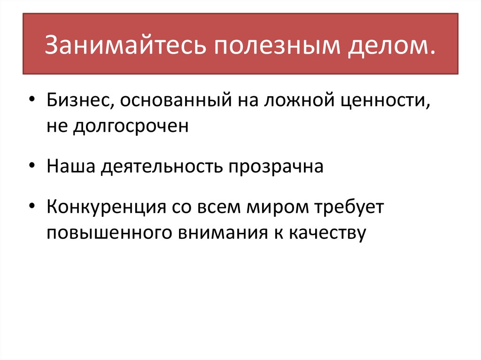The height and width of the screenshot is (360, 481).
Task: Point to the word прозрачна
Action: pyautogui.click(x=276, y=167)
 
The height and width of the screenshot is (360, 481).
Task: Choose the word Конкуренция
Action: pyautogui.click(x=105, y=207)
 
